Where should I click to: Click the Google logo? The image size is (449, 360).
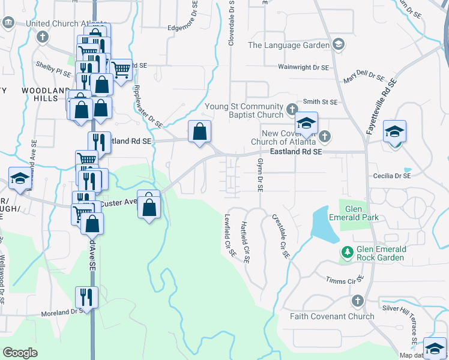pyautogui.click(x=20, y=353)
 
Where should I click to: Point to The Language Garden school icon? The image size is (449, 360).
pyautogui.click(x=339, y=45)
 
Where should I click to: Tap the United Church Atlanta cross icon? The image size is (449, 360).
pyautogui.click(x=42, y=37)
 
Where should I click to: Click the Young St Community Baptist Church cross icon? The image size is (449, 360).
pyautogui.click(x=292, y=109)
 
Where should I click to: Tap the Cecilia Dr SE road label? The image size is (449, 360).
pyautogui.click(x=391, y=176)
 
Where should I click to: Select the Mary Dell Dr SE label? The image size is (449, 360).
pyautogui.click(x=363, y=77)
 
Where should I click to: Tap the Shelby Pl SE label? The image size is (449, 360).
pyautogui.click(x=53, y=66)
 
